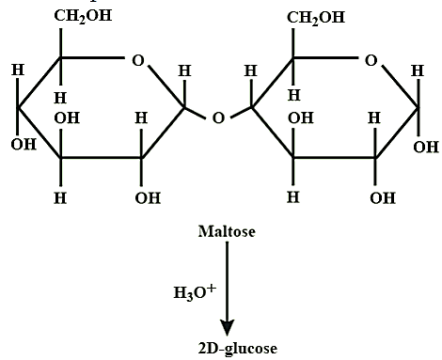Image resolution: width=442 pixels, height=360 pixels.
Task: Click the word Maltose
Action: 227,231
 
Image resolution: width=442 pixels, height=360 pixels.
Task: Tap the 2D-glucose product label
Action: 238,349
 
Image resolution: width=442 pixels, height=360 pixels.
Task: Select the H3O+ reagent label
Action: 195,292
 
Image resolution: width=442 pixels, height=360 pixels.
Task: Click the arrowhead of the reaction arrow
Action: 228,328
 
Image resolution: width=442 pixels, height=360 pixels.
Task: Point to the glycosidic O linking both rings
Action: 218,118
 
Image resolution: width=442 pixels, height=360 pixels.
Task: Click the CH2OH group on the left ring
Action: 83,16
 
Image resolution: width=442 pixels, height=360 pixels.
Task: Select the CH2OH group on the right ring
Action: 316,18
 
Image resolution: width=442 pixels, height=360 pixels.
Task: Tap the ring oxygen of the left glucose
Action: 138,60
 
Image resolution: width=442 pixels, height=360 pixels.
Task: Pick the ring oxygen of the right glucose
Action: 371,60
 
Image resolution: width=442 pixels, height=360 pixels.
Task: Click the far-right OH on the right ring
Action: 426,147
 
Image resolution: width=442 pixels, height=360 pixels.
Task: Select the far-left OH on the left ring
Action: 24,144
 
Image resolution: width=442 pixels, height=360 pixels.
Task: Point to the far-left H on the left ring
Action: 18,70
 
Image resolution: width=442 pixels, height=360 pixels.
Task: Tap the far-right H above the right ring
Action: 418,70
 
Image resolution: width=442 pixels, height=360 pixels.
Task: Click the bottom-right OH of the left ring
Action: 148,198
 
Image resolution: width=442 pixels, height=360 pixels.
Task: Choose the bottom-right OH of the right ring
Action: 383,198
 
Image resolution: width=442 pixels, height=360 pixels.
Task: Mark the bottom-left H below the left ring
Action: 60,198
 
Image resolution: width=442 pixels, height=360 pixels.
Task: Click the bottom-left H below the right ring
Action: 293,197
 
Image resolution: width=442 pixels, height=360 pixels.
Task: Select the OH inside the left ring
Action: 67,118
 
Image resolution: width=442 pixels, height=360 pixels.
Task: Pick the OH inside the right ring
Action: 301,118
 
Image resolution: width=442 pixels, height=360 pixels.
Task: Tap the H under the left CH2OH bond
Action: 60,98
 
